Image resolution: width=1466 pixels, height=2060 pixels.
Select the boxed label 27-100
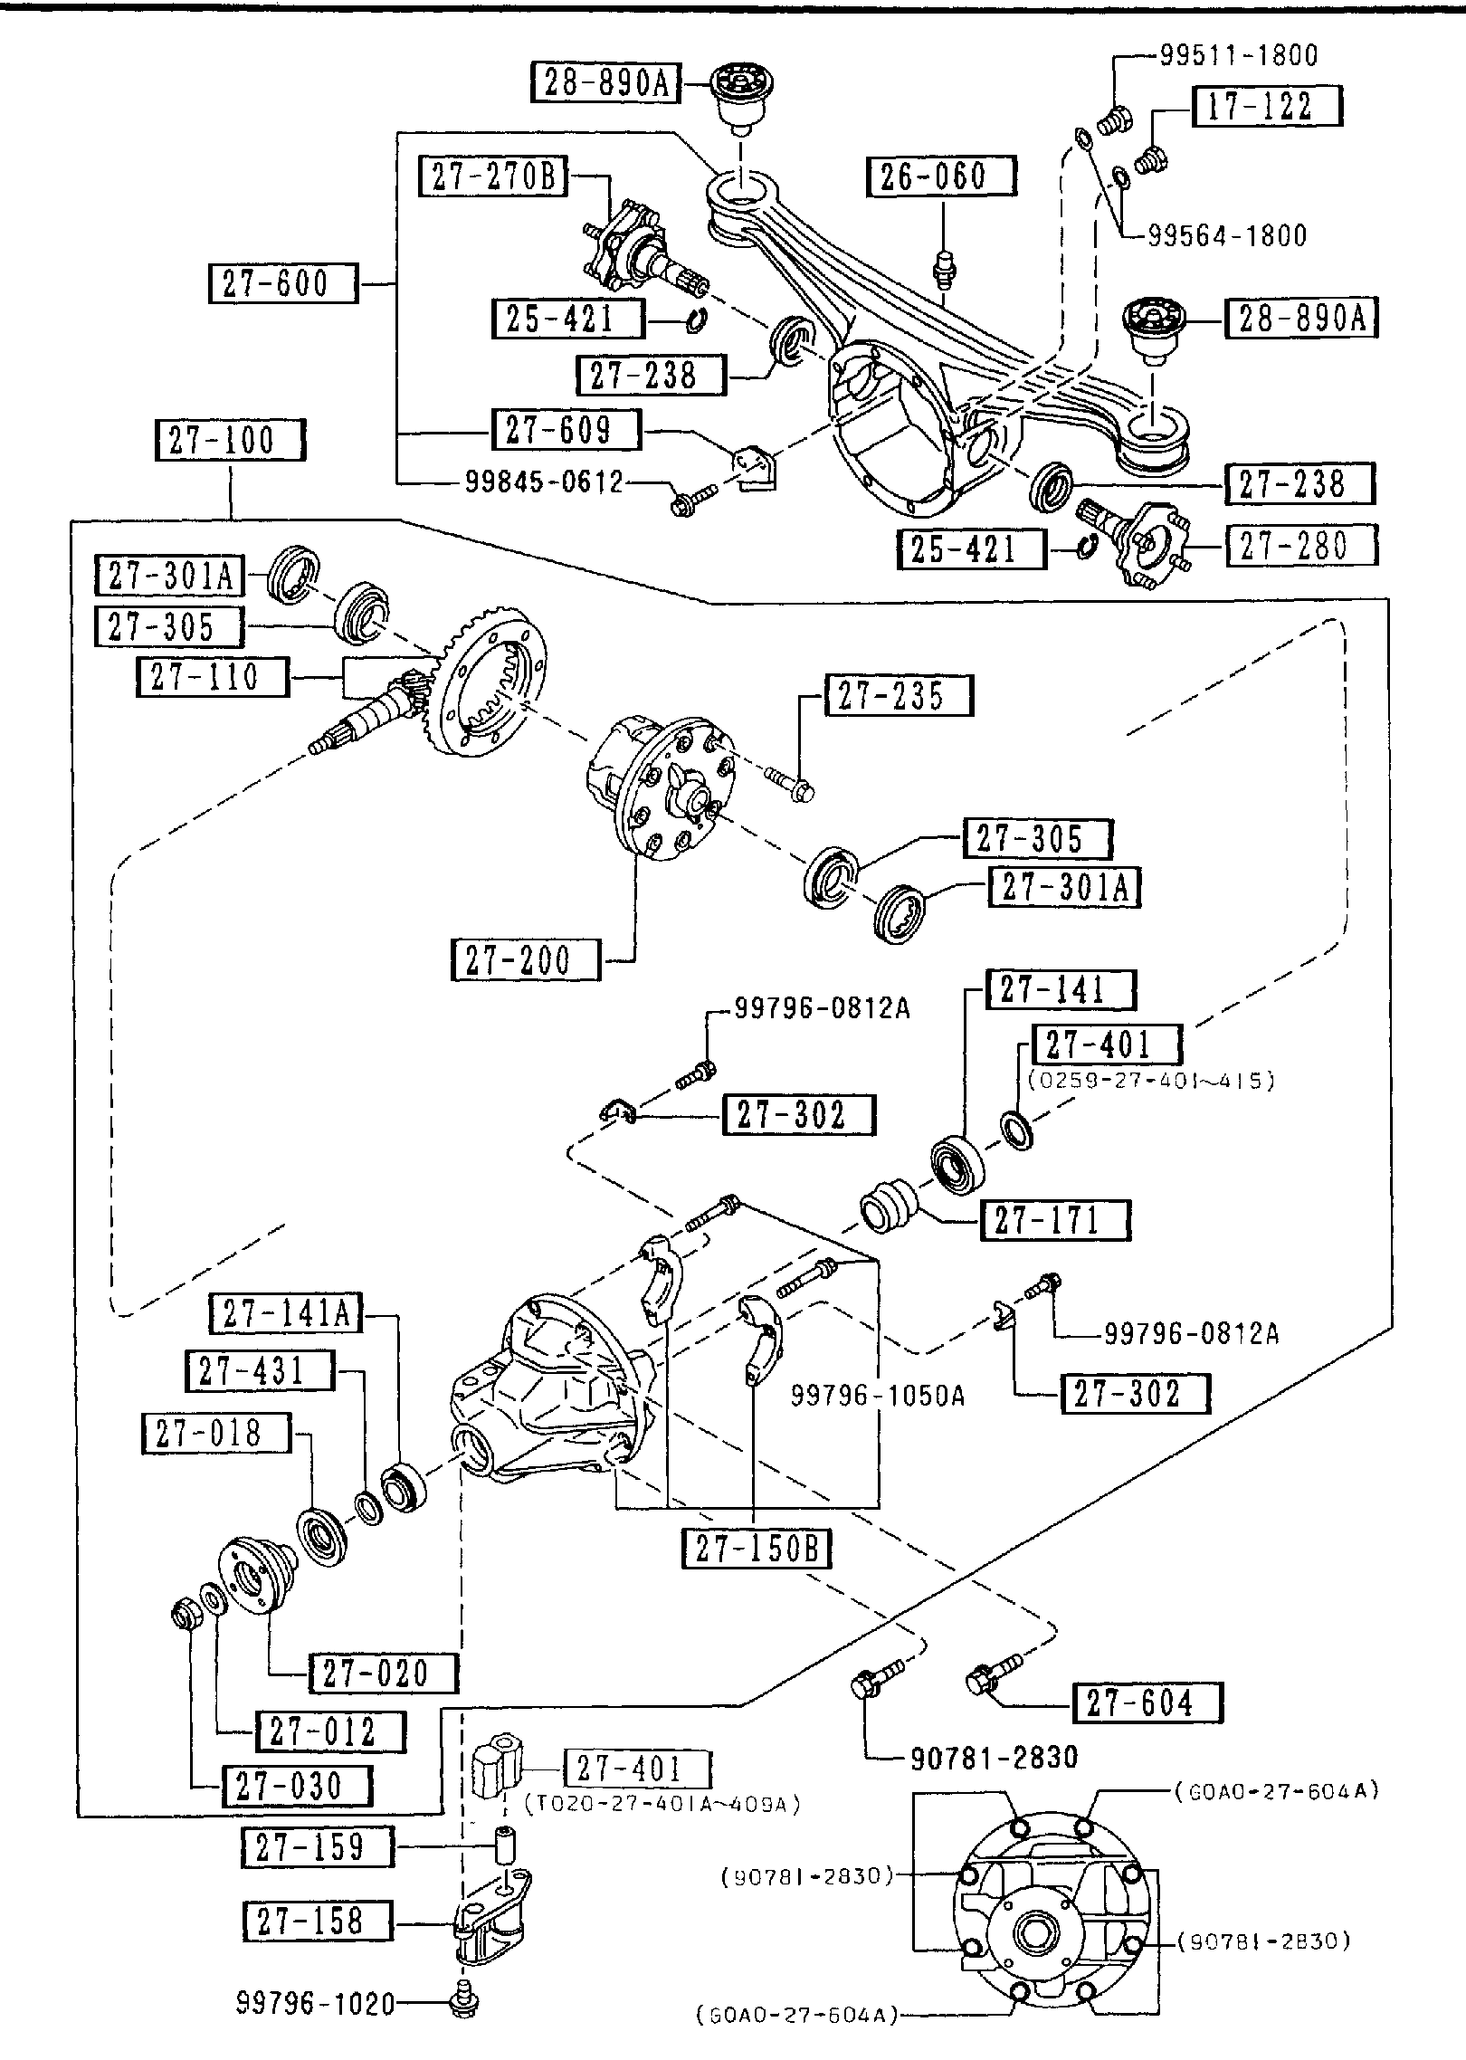click(230, 441)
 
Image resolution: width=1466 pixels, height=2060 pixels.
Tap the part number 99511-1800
click(1239, 55)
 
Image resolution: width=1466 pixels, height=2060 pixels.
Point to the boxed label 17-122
click(1269, 107)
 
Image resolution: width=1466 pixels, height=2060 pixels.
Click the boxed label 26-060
click(941, 176)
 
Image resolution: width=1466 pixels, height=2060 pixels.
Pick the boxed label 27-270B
click(493, 176)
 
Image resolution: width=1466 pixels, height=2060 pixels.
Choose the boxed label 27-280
click(1300, 547)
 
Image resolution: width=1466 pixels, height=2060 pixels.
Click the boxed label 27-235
click(898, 695)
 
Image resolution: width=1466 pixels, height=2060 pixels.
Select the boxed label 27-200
click(525, 960)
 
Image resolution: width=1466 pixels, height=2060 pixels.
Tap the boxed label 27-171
click(1054, 1220)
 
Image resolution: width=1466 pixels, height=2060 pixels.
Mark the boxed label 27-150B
click(756, 1549)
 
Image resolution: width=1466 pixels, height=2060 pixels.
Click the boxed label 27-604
click(1147, 1702)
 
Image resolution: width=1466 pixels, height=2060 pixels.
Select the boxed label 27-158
click(317, 1921)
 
